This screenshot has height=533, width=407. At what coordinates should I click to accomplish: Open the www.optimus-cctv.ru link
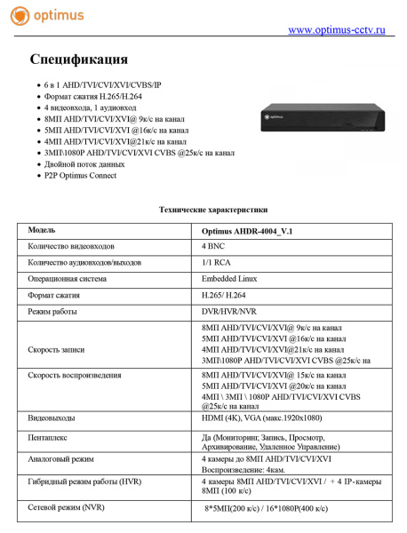[337, 31]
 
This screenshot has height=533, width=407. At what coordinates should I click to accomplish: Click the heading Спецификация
[78, 60]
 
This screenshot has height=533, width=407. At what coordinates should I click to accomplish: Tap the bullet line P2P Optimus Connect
[80, 175]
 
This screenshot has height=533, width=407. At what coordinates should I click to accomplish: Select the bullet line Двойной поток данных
[84, 163]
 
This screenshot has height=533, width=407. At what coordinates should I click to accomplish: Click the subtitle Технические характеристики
[212, 210]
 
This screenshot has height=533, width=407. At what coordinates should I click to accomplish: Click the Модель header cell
[42, 230]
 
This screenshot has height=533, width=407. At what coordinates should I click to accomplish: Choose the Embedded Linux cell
[229, 279]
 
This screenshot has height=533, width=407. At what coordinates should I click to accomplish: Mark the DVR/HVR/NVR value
[230, 312]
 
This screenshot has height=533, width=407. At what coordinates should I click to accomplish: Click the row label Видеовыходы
[52, 417]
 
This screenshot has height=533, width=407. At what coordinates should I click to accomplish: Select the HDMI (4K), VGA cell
[262, 417]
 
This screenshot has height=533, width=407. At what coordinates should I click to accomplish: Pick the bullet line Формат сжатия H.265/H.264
[93, 95]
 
